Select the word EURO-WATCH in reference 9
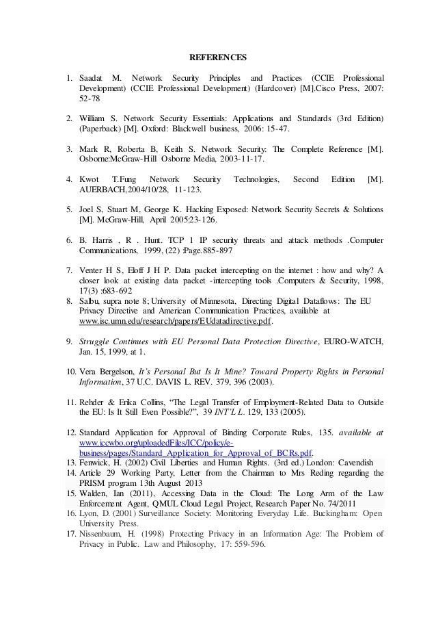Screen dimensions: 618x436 [351, 340]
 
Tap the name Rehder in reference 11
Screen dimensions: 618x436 [94, 401]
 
